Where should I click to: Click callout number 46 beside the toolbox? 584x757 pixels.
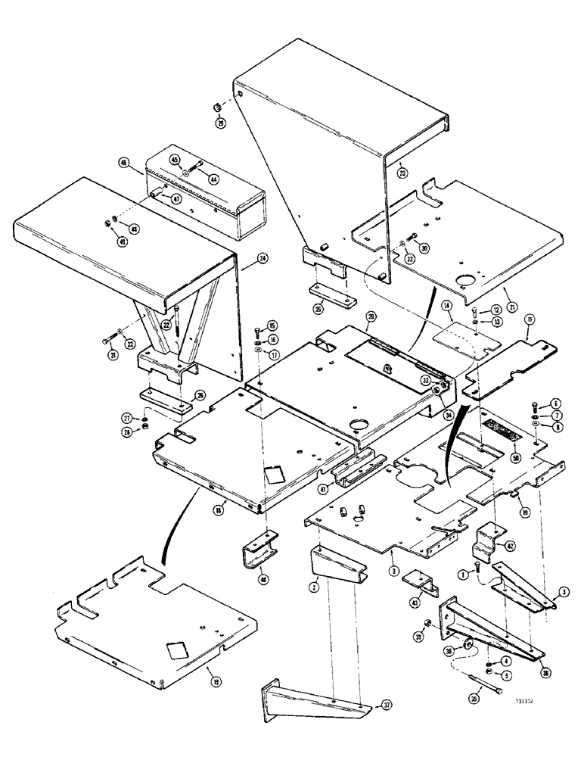point(123,162)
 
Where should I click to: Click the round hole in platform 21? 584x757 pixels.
point(463,283)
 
